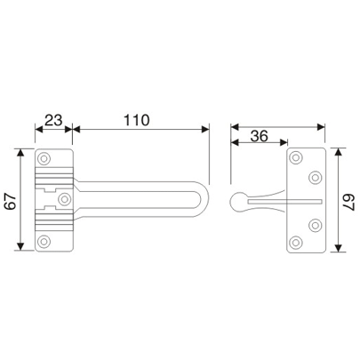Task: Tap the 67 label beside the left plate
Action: click(x=10, y=201)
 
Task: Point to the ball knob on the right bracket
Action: click(x=239, y=200)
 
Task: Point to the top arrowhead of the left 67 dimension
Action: click(x=21, y=153)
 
